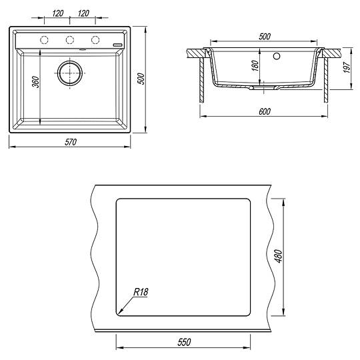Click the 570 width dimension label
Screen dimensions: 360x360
71,142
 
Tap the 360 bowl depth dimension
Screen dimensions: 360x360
35,82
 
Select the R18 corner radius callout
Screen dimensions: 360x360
141,292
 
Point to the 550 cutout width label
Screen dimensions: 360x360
184,342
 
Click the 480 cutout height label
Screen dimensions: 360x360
279,256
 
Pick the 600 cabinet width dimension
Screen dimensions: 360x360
265,111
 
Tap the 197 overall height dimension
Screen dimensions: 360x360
347,67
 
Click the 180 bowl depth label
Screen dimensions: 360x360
255,65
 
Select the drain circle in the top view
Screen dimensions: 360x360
70,73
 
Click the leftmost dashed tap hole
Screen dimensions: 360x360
44,40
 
